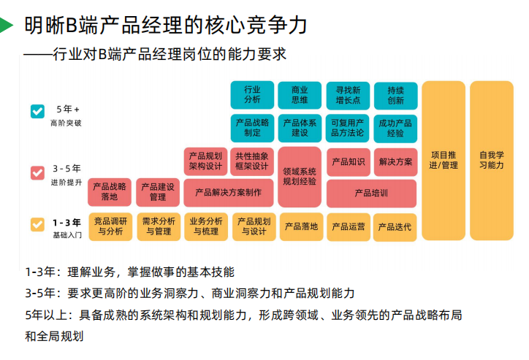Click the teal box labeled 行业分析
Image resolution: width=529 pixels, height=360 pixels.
pyautogui.click(x=252, y=95)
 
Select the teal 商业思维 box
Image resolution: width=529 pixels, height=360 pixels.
pyautogui.click(x=300, y=95)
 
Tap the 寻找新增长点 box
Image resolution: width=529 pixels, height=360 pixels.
pyautogui.click(x=348, y=95)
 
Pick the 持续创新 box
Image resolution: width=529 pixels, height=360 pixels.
pyautogui.click(x=395, y=95)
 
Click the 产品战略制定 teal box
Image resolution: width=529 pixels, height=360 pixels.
pyautogui.click(x=252, y=128)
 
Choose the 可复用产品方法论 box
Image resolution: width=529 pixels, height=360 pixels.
pyautogui.click(x=348, y=128)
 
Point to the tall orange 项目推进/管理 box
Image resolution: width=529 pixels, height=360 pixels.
pyautogui.click(x=443, y=160)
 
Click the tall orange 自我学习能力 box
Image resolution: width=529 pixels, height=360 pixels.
pyautogui.click(x=491, y=160)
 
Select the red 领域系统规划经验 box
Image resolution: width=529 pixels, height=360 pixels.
pyautogui.click(x=300, y=176)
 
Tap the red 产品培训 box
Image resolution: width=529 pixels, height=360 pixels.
pyautogui.click(x=371, y=194)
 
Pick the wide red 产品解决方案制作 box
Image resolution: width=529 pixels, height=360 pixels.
pyautogui.click(x=228, y=193)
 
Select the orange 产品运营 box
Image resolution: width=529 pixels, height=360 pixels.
pyautogui.click(x=348, y=226)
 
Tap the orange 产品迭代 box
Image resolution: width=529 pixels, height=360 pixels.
pyautogui.click(x=395, y=226)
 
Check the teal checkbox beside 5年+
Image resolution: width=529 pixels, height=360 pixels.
pyautogui.click(x=37, y=111)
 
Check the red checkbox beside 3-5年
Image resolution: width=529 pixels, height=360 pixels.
pyautogui.click(x=37, y=172)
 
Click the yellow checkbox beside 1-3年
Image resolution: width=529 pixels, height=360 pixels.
pyautogui.click(x=37, y=224)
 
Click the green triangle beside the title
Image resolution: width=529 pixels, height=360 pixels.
pyautogui.click(x=6, y=26)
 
